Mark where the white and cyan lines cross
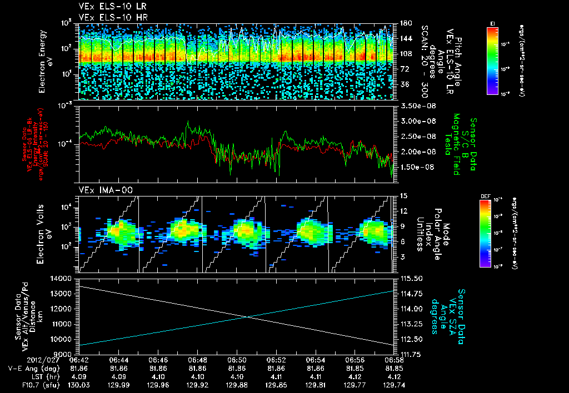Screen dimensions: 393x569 (x=246, y=317)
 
